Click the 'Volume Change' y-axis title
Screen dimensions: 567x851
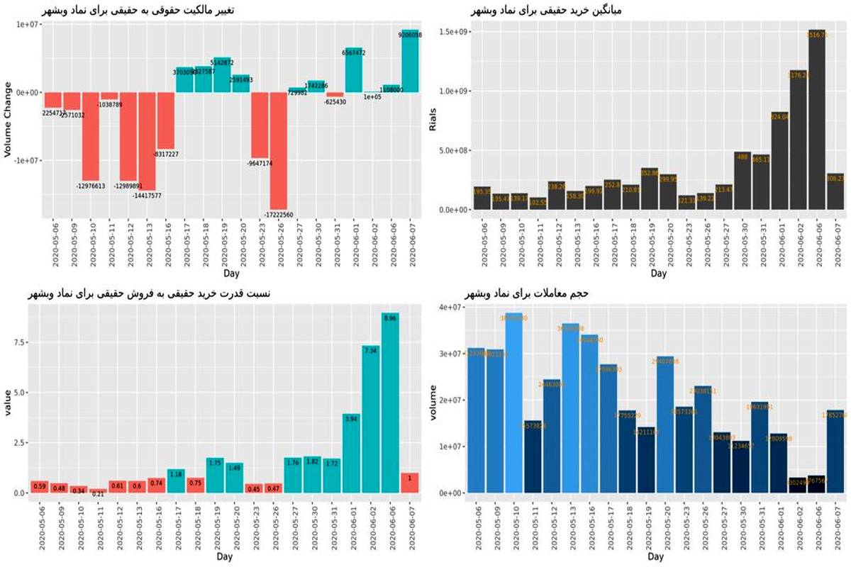point(9,120)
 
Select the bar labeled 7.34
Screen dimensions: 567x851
point(371,419)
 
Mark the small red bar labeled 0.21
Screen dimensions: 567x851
point(99,490)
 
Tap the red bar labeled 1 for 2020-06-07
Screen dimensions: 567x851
point(410,483)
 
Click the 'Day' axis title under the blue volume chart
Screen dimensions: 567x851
point(655,557)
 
